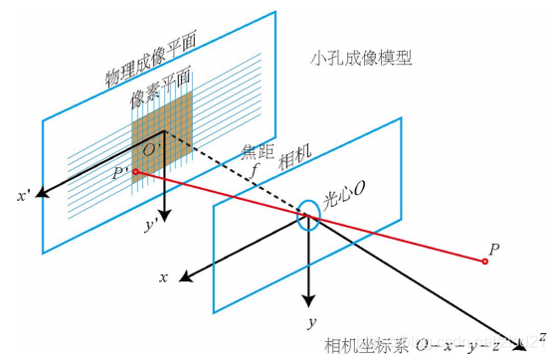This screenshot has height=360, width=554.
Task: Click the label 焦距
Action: pos(257,152)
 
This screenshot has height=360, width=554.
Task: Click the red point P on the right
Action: pos(484,262)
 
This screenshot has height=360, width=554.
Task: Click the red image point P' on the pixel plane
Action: pos(135,172)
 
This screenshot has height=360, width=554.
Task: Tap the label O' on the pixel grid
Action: pos(152,150)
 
